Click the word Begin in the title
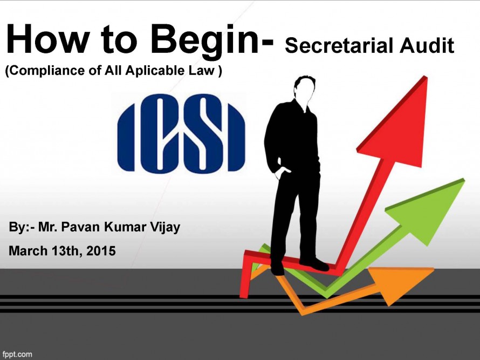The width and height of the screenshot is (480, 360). [x=204, y=40]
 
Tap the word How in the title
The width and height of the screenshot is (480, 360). [x=46, y=39]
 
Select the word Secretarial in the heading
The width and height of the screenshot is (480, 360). [x=339, y=46]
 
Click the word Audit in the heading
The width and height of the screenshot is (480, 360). [x=427, y=46]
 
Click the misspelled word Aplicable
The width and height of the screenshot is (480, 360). [x=155, y=71]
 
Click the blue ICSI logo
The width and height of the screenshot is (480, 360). [x=181, y=134]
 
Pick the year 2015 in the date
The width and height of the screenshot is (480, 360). [x=101, y=251]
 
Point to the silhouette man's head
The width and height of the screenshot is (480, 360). [x=304, y=89]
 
